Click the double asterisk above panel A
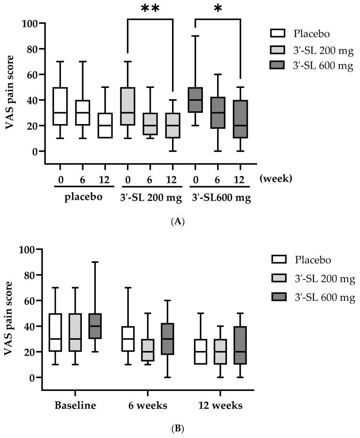click(x=150, y=9)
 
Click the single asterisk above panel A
click(x=217, y=9)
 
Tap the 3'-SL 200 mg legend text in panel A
click(x=324, y=49)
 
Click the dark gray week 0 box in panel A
click(x=196, y=100)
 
